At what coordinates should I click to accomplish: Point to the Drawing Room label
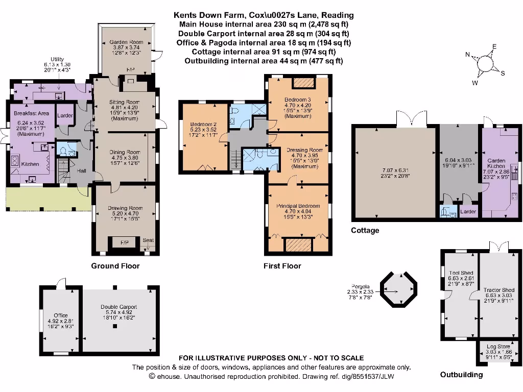point(125,208)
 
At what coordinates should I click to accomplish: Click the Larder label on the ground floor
point(65,116)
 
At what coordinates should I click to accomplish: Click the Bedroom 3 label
point(298,100)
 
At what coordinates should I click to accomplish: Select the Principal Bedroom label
point(298,206)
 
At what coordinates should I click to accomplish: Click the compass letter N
point(467,55)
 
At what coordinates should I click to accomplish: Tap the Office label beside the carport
point(61,315)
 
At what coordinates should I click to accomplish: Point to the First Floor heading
point(282,266)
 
